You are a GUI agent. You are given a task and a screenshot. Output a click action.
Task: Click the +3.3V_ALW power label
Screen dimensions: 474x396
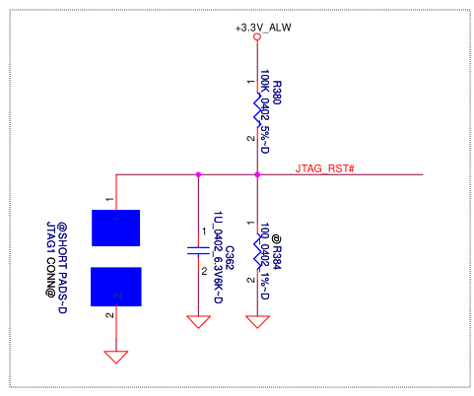263,28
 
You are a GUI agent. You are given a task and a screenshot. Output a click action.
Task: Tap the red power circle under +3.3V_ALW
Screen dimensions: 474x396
257,36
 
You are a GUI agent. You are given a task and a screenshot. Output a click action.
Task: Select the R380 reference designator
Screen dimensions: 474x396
277,93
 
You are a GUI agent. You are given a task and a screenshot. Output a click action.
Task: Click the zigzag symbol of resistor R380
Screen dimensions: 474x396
257,110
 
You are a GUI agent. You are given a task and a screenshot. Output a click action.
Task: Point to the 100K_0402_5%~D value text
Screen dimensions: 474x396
265,111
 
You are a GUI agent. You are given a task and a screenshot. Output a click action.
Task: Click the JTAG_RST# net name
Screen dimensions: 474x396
324,168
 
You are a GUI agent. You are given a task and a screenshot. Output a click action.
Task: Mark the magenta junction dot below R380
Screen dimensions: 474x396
257,174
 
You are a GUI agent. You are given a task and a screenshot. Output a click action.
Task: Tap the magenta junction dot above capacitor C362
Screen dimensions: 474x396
198,174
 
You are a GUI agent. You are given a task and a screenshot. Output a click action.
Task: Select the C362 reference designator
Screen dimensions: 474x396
230,258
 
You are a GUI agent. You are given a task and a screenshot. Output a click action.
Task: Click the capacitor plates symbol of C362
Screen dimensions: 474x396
198,250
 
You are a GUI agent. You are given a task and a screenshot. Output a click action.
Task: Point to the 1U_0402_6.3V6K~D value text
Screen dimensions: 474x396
219,257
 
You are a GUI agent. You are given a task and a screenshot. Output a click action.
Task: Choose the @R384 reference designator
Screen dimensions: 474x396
277,252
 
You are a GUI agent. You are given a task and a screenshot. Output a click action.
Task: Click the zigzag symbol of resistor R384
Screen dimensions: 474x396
257,252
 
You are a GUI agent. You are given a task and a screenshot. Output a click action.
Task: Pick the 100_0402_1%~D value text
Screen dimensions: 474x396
265,261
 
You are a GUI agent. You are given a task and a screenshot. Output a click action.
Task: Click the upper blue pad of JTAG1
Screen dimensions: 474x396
115,228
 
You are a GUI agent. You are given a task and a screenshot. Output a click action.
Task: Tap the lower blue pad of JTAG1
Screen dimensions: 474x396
116,287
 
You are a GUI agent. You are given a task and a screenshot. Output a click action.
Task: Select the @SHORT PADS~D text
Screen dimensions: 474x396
62,268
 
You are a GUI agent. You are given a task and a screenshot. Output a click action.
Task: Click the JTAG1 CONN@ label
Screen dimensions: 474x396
51,259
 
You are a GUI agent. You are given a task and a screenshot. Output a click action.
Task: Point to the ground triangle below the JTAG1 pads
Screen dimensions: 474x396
116,357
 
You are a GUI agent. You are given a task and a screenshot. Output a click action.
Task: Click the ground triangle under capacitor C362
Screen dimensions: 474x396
198,322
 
